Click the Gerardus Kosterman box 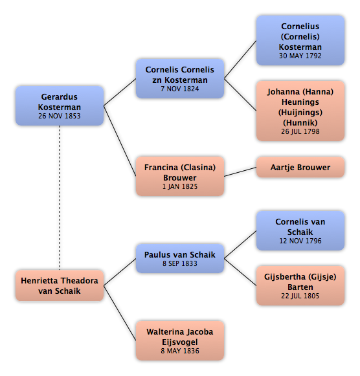[x=60, y=105]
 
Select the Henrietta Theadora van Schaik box [x=60, y=285]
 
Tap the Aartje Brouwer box [x=300, y=168]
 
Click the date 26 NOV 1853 [x=60, y=116]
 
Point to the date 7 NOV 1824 [x=180, y=89]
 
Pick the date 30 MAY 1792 [x=300, y=56]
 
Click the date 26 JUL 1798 [x=300, y=131]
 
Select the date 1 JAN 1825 [x=180, y=186]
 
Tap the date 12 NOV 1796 [x=300, y=241]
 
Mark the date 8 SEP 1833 [x=180, y=263]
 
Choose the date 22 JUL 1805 [x=300, y=296]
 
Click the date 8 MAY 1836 [x=180, y=351]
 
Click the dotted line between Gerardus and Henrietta [x=60, y=198]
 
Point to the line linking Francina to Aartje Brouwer [x=240, y=172]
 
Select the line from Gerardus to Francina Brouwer [x=120, y=141]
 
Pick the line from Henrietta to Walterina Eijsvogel [x=120, y=313]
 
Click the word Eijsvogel [x=180, y=342]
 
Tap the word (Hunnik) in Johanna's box [x=300, y=123]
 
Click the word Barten [x=300, y=287]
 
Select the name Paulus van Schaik [x=180, y=255]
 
